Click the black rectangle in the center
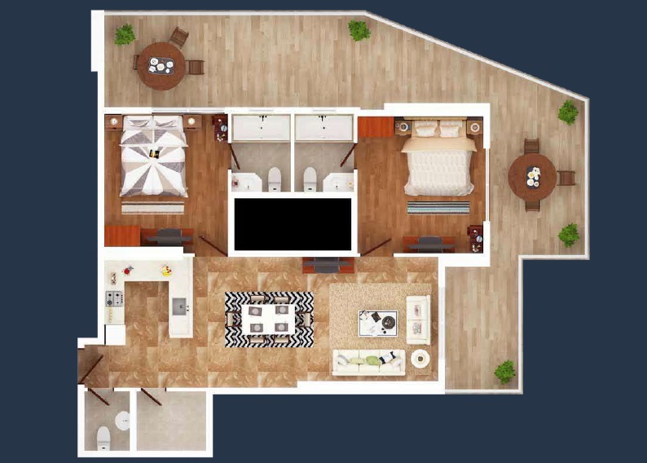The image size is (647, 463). (x=293, y=224)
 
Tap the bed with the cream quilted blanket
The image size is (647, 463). (x=438, y=164)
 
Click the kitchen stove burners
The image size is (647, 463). (x=114, y=298)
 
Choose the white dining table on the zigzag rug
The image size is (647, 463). (x=268, y=319)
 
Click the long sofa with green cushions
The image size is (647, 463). (x=368, y=361)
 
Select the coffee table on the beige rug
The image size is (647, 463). (x=378, y=323)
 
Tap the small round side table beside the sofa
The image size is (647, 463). (x=420, y=358)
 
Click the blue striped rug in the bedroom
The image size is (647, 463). (x=438, y=207)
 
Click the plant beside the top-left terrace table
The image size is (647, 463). (x=125, y=35)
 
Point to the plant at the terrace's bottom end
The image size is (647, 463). (x=504, y=372)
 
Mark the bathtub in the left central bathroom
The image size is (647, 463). (x=261, y=128)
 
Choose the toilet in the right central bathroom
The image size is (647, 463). (x=310, y=179)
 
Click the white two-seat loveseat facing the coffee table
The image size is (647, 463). (x=418, y=318)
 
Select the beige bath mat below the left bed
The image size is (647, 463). (x=152, y=208)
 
